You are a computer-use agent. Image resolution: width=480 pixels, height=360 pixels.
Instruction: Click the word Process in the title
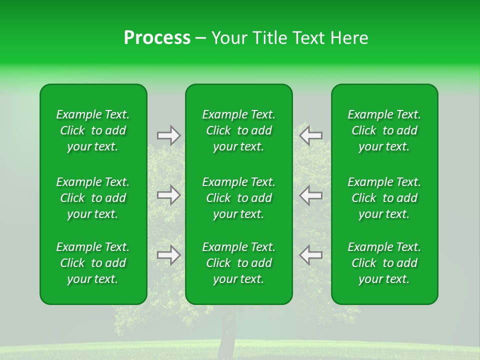pos(157,38)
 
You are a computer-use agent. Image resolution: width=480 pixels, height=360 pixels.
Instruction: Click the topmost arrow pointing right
pos(168,135)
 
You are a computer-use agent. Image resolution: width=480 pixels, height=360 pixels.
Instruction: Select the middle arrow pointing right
pos(168,195)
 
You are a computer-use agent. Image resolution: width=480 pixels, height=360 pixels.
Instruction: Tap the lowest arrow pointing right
pos(168,255)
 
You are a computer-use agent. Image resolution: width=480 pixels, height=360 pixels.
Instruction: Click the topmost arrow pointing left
pos(311,135)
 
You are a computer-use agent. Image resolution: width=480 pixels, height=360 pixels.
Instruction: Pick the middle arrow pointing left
pos(311,195)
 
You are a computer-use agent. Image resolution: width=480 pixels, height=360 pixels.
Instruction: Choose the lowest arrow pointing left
pos(311,255)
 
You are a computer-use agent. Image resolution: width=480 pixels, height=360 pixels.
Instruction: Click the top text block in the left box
pos(93,130)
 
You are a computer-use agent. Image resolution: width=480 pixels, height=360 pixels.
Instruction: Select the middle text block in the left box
pos(93,198)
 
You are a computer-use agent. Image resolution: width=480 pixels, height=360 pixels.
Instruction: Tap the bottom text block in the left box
pos(93,263)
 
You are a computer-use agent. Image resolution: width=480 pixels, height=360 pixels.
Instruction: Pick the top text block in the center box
pos(239,130)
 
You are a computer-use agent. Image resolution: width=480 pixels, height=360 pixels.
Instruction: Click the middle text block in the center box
pos(239,198)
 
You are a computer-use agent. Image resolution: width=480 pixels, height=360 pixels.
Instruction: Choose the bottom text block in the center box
pos(239,263)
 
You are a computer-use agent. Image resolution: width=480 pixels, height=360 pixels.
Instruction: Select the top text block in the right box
pos(384,130)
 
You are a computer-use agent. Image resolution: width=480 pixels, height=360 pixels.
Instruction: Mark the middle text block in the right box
pos(384,198)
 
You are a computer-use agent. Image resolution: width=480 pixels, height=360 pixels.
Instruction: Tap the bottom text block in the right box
pos(384,263)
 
